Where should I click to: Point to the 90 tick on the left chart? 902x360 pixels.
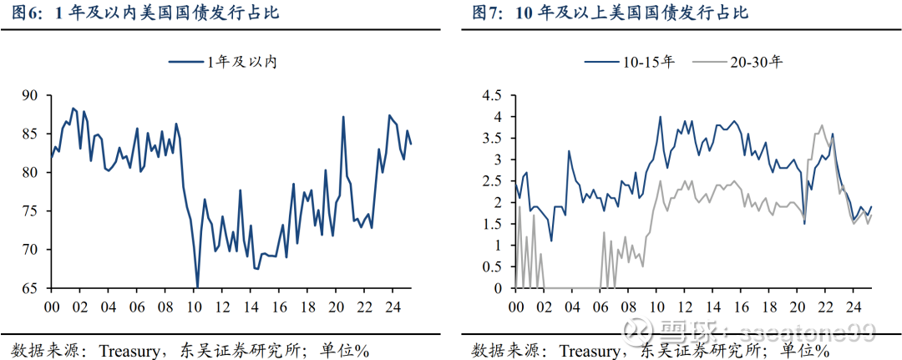pos(30,95)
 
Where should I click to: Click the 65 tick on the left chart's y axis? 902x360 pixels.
pos(30,288)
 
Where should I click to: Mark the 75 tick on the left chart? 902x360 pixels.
pos(30,211)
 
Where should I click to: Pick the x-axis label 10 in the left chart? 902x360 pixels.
pos(195,307)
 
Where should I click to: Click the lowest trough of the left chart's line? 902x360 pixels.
pos(197,286)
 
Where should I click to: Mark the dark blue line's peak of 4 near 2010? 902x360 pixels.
pos(660,117)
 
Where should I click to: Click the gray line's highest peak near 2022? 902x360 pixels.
pos(822,126)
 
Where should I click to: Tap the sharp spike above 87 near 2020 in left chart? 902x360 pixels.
pos(343,117)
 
